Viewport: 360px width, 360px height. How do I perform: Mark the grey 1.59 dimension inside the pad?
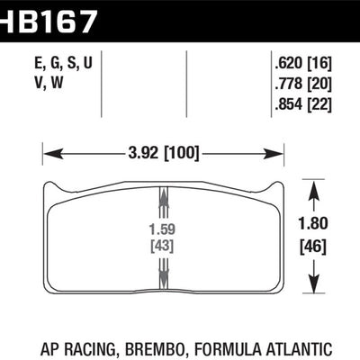click(x=163, y=228)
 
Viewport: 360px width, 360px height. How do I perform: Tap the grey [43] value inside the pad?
click(x=163, y=244)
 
